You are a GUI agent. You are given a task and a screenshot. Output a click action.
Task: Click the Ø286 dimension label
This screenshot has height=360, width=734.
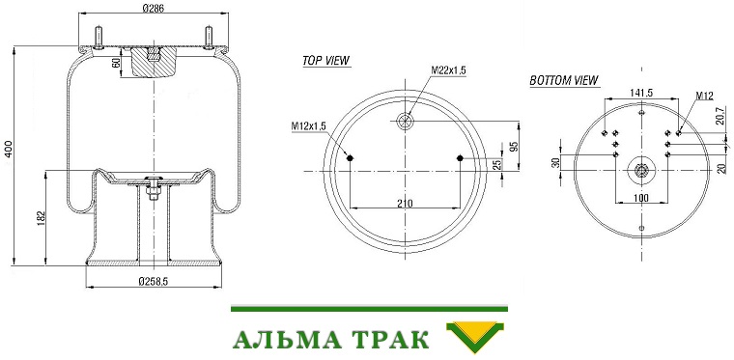tap(153, 9)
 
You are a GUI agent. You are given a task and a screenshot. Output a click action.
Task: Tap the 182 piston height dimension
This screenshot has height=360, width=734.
tap(40, 219)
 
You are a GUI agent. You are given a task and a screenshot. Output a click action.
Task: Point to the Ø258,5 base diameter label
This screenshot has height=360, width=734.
tap(153, 281)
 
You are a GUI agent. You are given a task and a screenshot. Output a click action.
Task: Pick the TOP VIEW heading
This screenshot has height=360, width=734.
tap(326, 60)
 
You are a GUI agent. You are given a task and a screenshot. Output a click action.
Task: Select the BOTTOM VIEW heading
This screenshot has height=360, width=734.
tap(564, 80)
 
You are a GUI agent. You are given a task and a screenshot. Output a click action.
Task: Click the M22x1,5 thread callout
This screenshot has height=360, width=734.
tap(448, 70)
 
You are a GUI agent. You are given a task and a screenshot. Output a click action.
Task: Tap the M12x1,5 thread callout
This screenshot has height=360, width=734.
tap(308, 125)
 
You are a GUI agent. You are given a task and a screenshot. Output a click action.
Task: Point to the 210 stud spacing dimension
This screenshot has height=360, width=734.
tap(405, 203)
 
